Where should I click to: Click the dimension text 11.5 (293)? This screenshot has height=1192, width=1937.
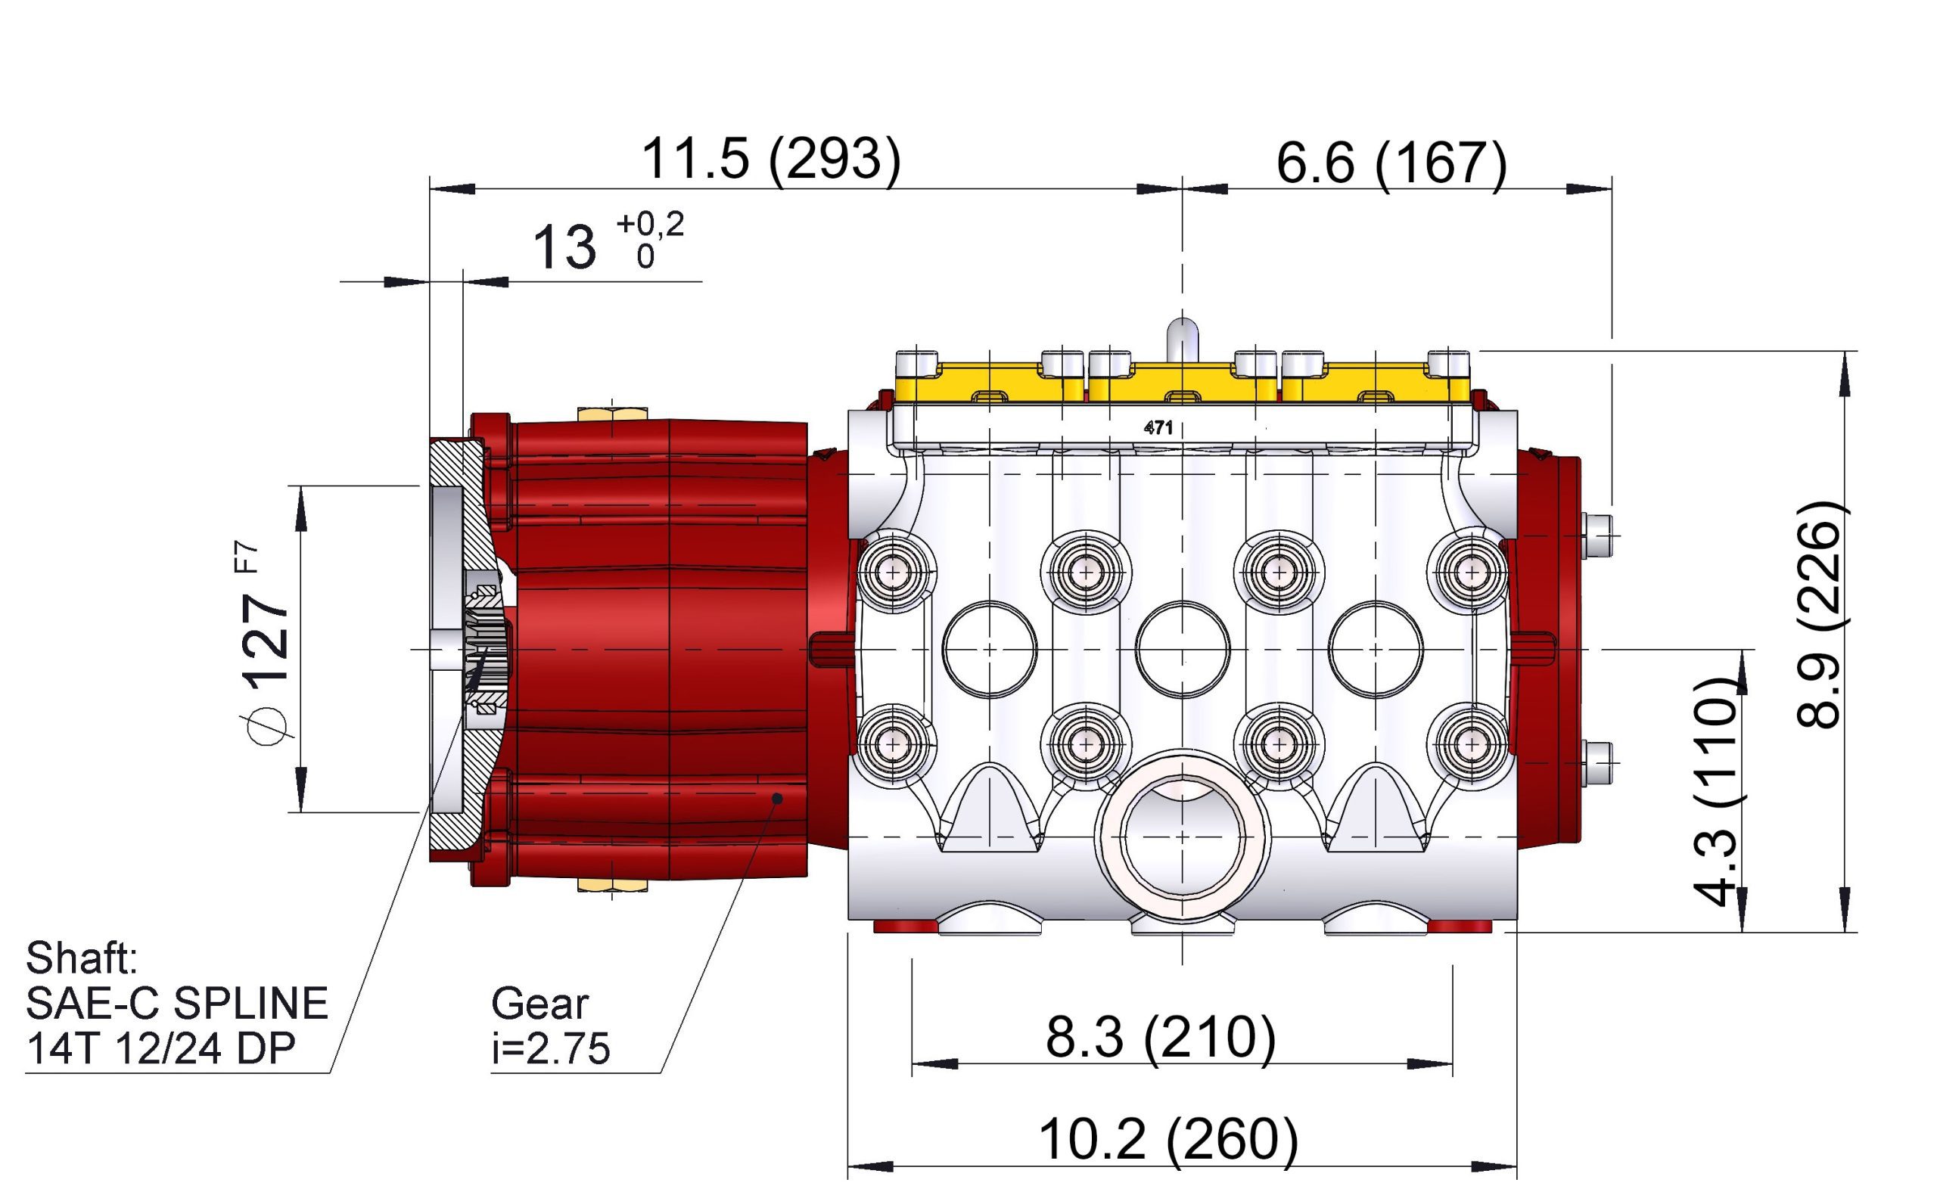770,160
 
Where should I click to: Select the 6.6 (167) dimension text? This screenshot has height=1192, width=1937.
1391,164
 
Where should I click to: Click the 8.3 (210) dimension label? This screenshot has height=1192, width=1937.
1160,1036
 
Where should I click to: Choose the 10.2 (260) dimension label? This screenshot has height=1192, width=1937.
1168,1138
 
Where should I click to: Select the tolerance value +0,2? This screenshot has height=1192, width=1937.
650,224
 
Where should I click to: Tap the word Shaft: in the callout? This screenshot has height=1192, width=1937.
81,958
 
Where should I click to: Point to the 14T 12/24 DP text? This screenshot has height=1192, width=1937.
160,1048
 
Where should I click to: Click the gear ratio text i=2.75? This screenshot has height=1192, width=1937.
551,1048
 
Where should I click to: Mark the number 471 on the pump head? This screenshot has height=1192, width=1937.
1158,427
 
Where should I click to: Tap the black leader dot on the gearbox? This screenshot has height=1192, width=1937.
777,799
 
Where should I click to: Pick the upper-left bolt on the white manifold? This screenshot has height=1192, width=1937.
893,571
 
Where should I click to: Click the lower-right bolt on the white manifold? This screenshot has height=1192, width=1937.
1471,743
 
